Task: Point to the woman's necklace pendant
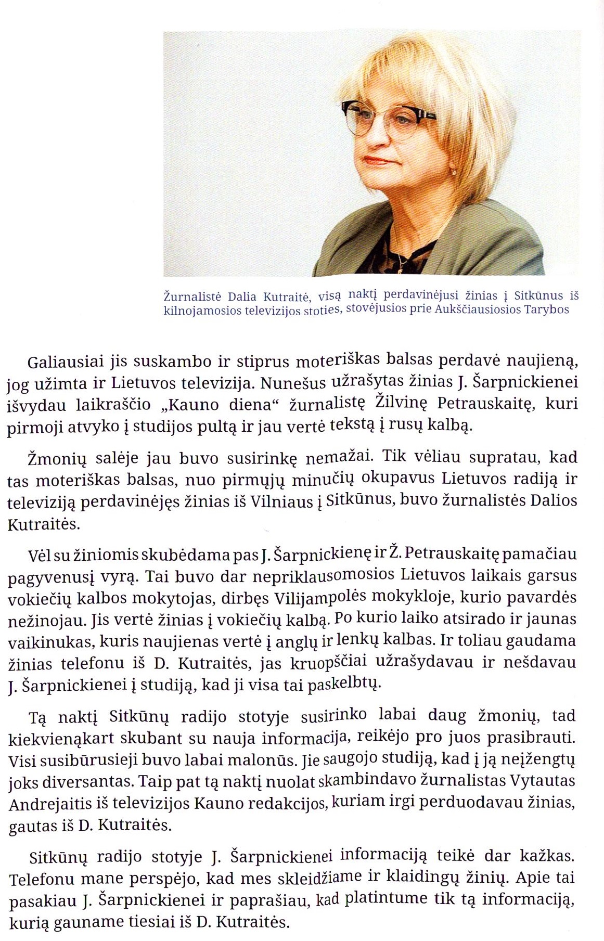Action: pos(401,268)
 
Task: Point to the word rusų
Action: pos(406,426)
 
